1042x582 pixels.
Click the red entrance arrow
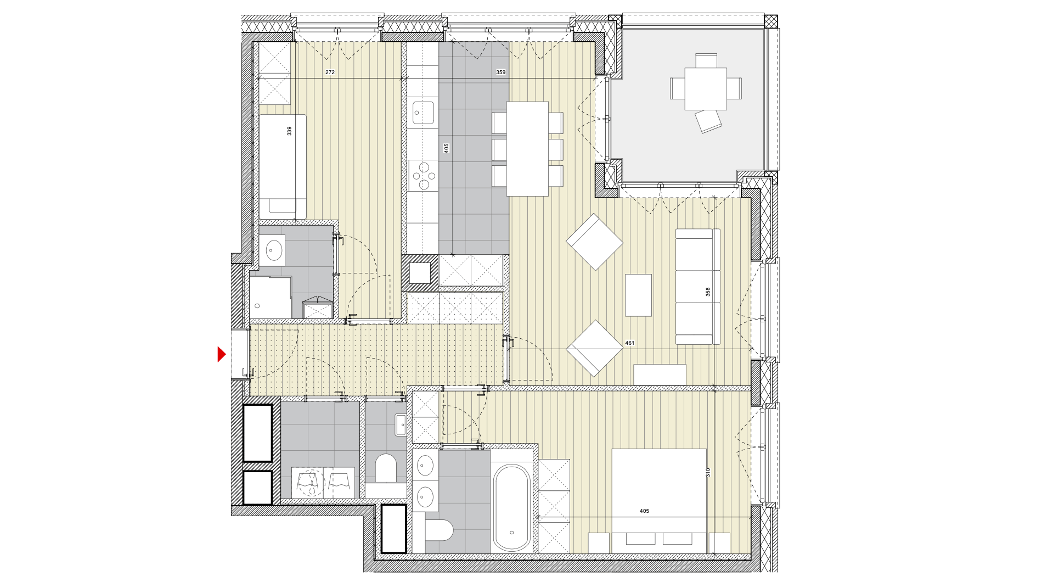click(x=222, y=354)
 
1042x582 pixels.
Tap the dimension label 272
click(x=330, y=72)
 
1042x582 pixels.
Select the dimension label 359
click(x=500, y=72)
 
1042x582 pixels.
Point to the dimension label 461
click(x=629, y=343)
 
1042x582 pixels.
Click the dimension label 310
click(x=708, y=472)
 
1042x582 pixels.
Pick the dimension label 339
click(x=289, y=131)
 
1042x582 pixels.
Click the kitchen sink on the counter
click(x=423, y=113)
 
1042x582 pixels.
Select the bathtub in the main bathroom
click(x=511, y=507)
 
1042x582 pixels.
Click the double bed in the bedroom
click(x=659, y=501)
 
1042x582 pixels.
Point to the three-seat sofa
click(x=697, y=287)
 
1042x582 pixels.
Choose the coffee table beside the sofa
click(x=638, y=295)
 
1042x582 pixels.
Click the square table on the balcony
click(x=706, y=88)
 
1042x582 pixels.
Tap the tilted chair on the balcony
click(x=708, y=121)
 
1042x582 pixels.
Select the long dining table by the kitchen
click(x=527, y=149)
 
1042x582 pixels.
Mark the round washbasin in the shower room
click(x=273, y=251)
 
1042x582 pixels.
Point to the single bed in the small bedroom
click(x=283, y=167)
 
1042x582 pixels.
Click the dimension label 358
click(x=708, y=292)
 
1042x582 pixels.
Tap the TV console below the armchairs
click(x=660, y=374)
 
